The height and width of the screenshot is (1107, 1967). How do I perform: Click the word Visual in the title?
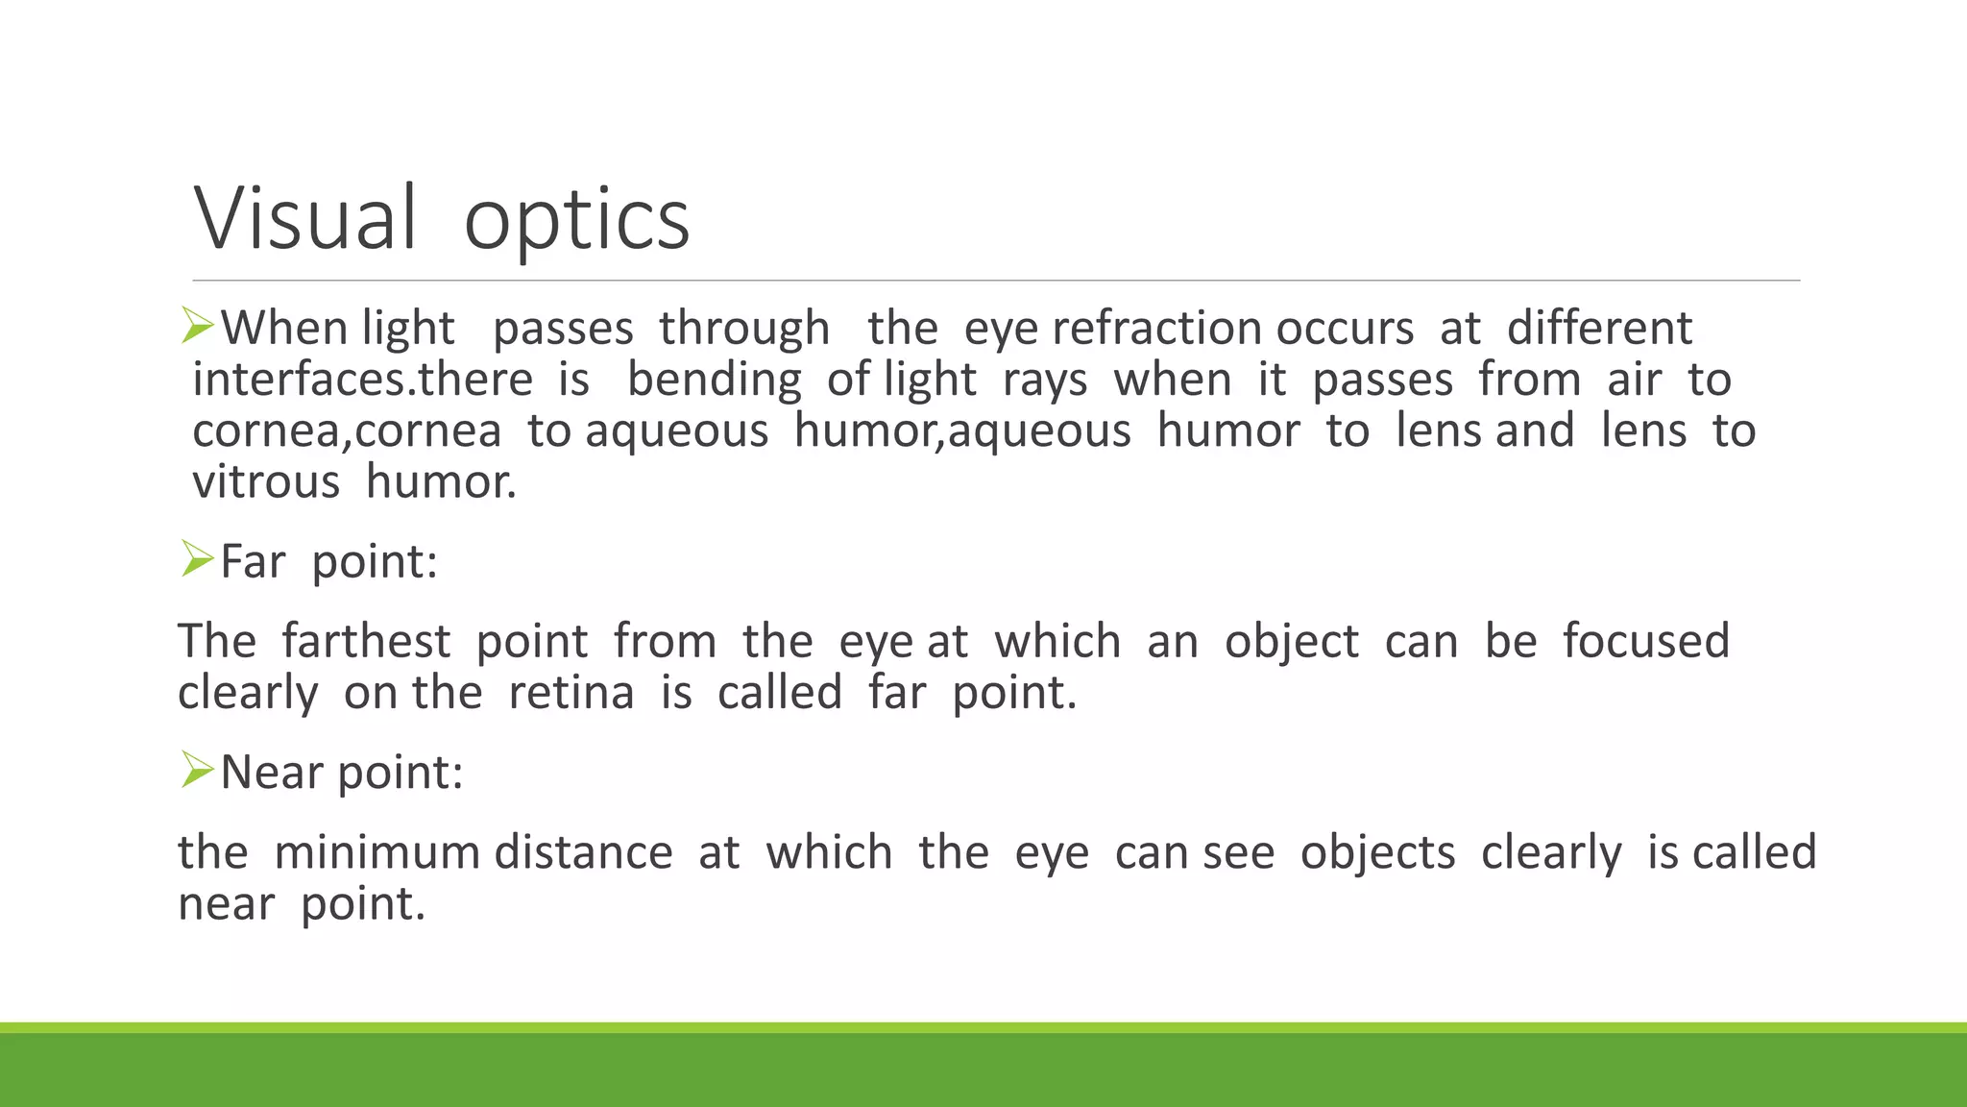305,219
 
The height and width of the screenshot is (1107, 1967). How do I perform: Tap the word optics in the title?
576,221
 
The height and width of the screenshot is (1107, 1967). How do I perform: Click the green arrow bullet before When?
198,327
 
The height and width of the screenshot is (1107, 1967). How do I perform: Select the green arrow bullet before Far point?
198,559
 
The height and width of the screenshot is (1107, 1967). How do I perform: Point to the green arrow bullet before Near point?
198,771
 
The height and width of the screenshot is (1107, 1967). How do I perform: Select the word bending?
714,380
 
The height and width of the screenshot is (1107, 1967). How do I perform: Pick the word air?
1634,380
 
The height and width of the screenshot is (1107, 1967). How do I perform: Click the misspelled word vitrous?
266,481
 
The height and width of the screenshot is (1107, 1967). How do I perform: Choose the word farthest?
366,642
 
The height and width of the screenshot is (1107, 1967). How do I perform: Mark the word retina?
571,693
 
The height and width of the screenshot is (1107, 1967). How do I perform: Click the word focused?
1645,642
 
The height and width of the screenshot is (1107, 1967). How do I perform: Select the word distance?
583,853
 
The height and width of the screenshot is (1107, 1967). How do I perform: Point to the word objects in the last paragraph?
1377,853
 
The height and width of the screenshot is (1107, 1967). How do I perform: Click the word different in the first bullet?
1599,329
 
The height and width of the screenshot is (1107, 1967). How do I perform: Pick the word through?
744,329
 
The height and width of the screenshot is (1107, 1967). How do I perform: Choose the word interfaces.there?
362,380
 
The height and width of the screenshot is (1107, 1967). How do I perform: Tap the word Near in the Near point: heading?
272,772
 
